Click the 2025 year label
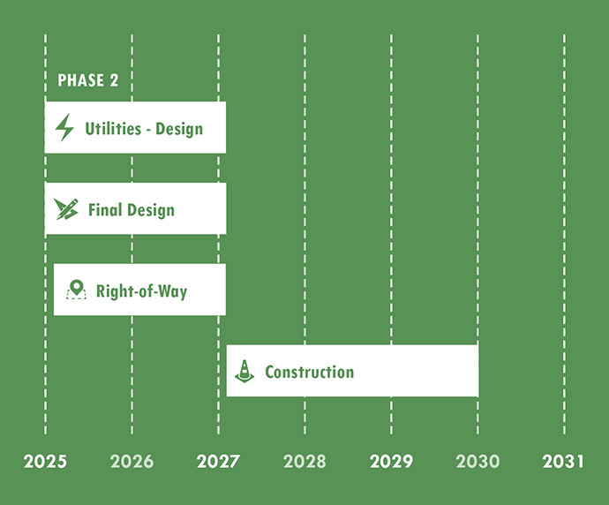[x=45, y=462]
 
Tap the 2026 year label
[x=132, y=462]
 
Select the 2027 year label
[x=218, y=462]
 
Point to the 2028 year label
[x=304, y=462]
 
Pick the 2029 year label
[x=391, y=462]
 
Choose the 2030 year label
[x=477, y=462]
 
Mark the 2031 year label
[x=564, y=462]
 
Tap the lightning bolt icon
[x=64, y=128]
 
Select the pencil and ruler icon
[x=66, y=209]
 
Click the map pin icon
[x=77, y=290]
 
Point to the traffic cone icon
[x=244, y=371]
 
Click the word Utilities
[x=113, y=129]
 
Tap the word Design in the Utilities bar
[x=179, y=129]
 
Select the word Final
[x=105, y=210]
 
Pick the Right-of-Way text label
[x=141, y=290]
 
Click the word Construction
[x=309, y=372]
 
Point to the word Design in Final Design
[x=150, y=210]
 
